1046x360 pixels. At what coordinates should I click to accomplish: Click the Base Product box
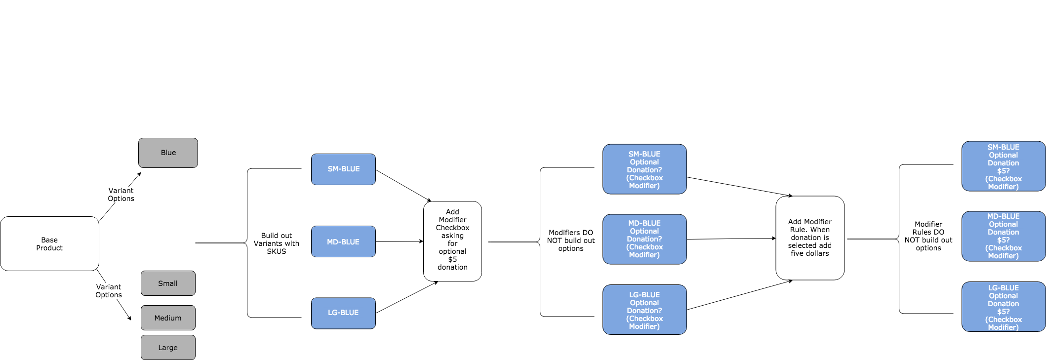coord(49,244)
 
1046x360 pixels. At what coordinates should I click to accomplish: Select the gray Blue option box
coord(168,153)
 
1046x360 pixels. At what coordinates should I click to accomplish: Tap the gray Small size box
coord(168,283)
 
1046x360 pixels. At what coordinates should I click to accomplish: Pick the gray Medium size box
coord(168,318)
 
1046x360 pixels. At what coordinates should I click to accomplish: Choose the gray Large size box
coord(168,348)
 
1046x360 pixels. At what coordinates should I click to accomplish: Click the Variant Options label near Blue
coord(121,195)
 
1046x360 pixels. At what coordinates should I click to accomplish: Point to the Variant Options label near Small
coord(109,291)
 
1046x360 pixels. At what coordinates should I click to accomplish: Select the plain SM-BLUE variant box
coord(343,169)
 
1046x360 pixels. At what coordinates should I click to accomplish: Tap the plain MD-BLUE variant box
coord(343,241)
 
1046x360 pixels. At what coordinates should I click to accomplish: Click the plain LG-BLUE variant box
coord(343,313)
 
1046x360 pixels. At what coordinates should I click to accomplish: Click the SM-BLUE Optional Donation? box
coord(644,169)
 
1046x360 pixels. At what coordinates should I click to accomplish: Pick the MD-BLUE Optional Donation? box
coord(644,239)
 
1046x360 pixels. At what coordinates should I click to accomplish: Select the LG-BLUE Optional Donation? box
coord(644,310)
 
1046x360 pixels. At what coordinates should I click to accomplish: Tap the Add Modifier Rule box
coord(810,238)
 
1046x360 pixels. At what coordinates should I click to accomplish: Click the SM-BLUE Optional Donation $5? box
coord(1003,166)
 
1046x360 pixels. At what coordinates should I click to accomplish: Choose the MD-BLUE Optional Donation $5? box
coord(1003,236)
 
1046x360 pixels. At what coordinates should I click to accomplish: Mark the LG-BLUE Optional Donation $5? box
coord(1003,307)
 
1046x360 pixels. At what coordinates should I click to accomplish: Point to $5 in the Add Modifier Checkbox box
coord(452,259)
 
